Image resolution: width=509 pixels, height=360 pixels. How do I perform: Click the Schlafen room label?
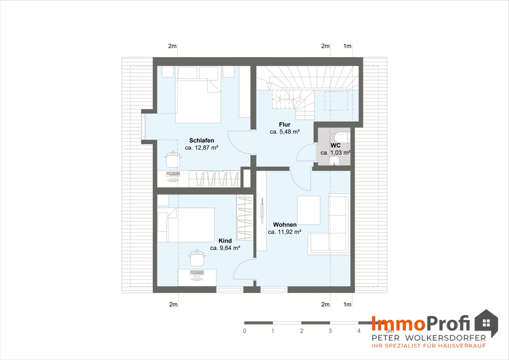pyautogui.click(x=202, y=141)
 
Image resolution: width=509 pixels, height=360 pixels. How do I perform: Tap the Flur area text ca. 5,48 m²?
pyautogui.click(x=285, y=132)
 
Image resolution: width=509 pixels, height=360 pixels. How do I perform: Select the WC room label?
pyautogui.click(x=335, y=146)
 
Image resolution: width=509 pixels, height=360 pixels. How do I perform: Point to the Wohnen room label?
pyautogui.click(x=285, y=225)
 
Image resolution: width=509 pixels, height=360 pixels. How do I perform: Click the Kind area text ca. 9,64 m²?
pyautogui.click(x=225, y=248)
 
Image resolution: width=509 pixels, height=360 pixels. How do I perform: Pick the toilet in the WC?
pyautogui.click(x=341, y=137)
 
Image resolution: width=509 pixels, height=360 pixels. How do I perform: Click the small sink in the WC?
pyautogui.click(x=334, y=161)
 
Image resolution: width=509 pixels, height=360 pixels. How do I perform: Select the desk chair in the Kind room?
pyautogui.click(x=197, y=258)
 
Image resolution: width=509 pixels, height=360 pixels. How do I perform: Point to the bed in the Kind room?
pyautogui.click(x=186, y=225)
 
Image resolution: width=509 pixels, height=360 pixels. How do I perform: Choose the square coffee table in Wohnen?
pyautogui.click(x=309, y=210)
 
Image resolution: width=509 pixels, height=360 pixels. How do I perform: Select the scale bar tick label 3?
pyautogui.click(x=330, y=331)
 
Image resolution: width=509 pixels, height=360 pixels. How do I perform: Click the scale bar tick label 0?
pyautogui.click(x=244, y=331)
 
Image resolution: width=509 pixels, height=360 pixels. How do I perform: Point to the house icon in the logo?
pyautogui.click(x=486, y=323)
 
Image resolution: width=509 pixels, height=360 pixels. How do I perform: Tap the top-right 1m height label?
pyautogui.click(x=347, y=46)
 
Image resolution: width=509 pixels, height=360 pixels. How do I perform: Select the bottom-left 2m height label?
pyautogui.click(x=174, y=304)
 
